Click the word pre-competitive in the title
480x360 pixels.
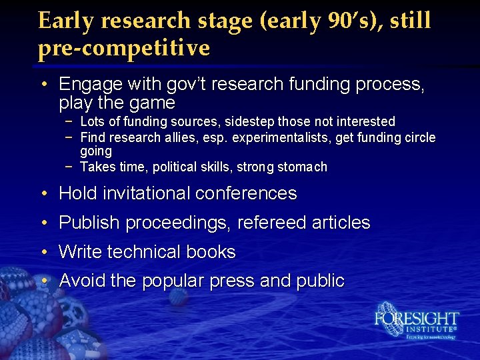click(124, 48)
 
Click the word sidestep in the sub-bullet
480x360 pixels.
click(249, 121)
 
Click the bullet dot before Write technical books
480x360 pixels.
click(43, 252)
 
